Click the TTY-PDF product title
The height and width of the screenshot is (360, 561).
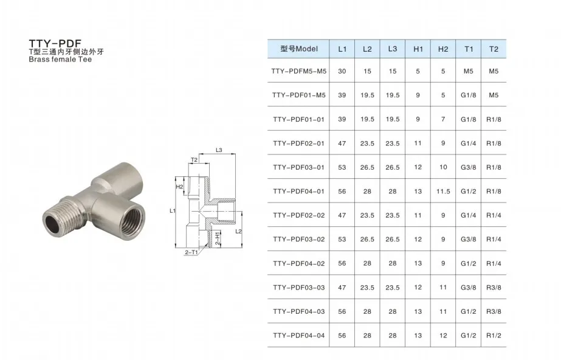55,44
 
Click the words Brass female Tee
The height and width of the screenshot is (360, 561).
60,60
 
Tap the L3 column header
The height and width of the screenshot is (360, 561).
393,49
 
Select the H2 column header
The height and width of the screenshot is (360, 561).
443,49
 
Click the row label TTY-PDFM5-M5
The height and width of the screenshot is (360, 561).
299,71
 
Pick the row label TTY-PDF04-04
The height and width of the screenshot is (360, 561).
299,336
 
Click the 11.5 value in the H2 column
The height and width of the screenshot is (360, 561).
443,192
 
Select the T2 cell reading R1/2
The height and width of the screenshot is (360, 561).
494,336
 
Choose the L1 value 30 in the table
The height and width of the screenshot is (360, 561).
342,71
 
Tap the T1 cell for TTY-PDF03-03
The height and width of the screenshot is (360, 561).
469,288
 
